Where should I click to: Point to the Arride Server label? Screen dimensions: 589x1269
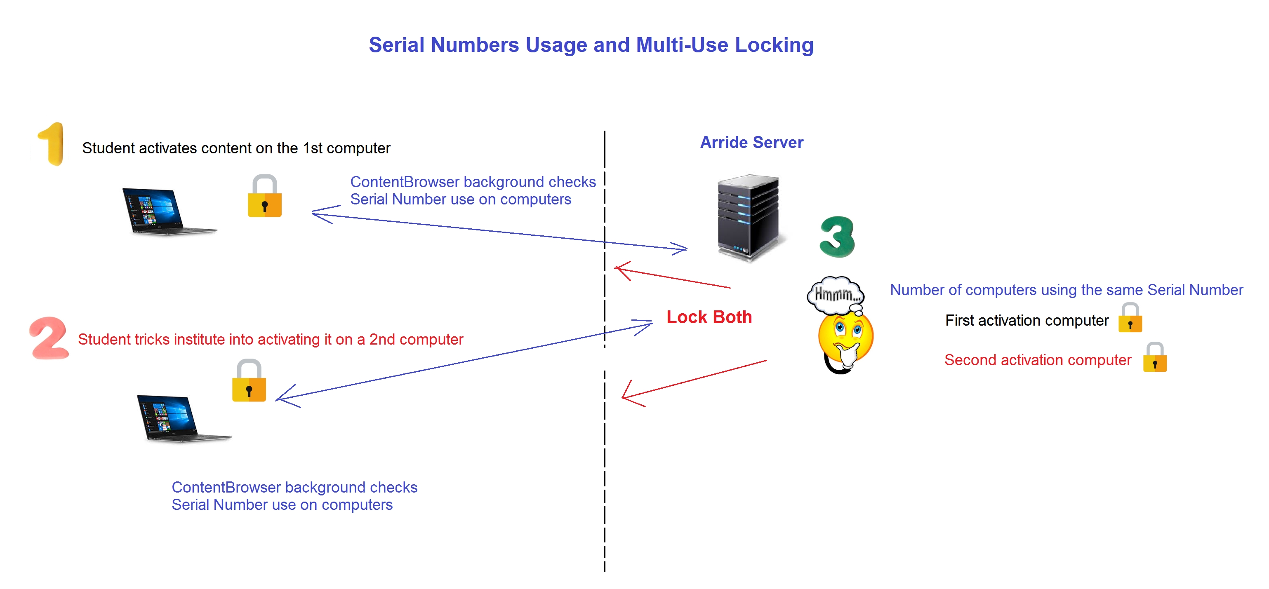point(751,142)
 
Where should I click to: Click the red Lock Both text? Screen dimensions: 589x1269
point(709,317)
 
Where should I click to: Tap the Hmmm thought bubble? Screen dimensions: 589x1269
point(836,294)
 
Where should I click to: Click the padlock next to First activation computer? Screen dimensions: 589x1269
point(1130,319)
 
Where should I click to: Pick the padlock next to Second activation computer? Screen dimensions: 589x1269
point(1155,358)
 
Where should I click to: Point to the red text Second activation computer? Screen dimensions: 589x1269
point(1038,360)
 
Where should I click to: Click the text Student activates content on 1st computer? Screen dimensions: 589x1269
point(236,148)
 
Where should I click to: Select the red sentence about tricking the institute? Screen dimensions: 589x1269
point(271,339)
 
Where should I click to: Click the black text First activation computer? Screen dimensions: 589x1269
point(1027,321)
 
